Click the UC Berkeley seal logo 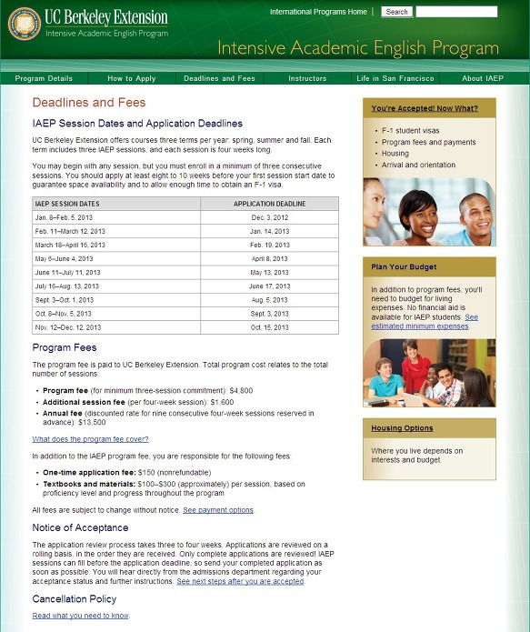(24, 24)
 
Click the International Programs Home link (318, 12)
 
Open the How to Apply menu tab (132, 79)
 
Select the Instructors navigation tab (307, 79)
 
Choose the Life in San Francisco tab (395, 79)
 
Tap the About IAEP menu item (482, 79)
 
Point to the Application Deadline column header (269, 204)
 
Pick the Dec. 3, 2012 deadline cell (269, 218)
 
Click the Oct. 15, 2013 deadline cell (269, 327)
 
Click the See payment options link (218, 510)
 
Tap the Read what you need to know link (81, 616)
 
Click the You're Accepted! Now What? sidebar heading (424, 109)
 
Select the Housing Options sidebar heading (402, 428)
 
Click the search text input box (456, 12)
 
